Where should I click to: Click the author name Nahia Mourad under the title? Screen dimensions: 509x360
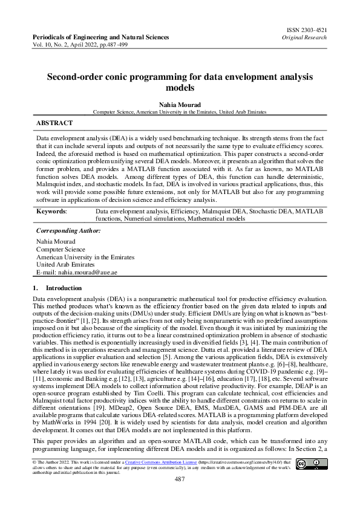click(x=180, y=103)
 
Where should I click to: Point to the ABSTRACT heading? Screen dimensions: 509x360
click(x=54, y=123)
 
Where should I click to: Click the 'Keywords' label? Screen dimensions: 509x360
click(x=51, y=212)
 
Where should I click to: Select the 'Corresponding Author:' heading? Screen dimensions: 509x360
click(x=68, y=231)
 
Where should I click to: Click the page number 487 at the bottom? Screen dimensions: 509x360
click(x=180, y=479)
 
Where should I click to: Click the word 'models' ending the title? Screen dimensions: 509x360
click(x=180, y=87)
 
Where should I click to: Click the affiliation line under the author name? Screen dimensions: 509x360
click(x=180, y=112)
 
